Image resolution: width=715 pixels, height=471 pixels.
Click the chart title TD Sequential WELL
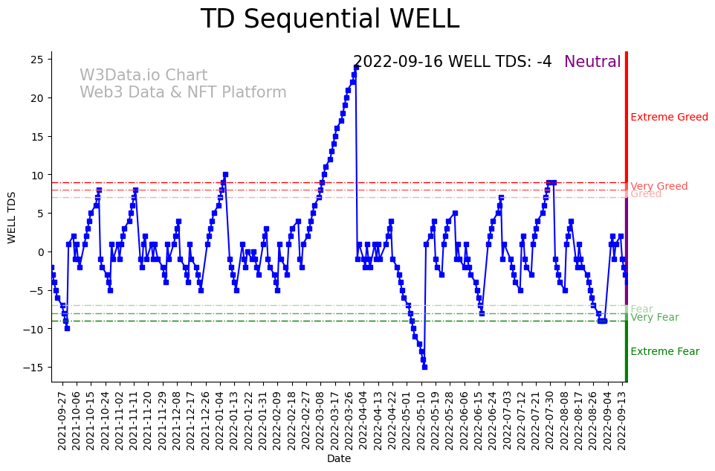pyautogui.click(x=330, y=19)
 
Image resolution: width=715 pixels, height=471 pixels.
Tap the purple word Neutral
pyautogui.click(x=592, y=62)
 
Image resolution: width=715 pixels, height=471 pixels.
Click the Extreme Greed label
pyautogui.click(x=669, y=117)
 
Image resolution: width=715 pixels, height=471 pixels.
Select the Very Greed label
pyautogui.click(x=659, y=186)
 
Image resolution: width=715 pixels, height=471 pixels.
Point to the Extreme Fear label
pyautogui.click(x=664, y=351)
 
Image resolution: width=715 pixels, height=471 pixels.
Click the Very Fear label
pyautogui.click(x=654, y=318)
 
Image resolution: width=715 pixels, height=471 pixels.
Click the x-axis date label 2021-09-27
pyautogui.click(x=63, y=419)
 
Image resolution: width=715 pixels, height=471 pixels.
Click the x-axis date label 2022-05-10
pyautogui.click(x=419, y=419)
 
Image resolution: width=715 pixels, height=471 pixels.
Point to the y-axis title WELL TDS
pyautogui.click(x=11, y=217)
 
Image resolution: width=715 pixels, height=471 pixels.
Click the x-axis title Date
pyautogui.click(x=339, y=459)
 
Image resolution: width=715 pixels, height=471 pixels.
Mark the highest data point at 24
pyautogui.click(x=357, y=66)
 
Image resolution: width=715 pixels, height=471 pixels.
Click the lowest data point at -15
pyautogui.click(x=424, y=367)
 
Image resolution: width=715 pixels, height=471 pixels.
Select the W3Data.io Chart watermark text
pyautogui.click(x=143, y=75)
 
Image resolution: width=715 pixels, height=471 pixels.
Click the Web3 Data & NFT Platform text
pyautogui.click(x=183, y=92)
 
